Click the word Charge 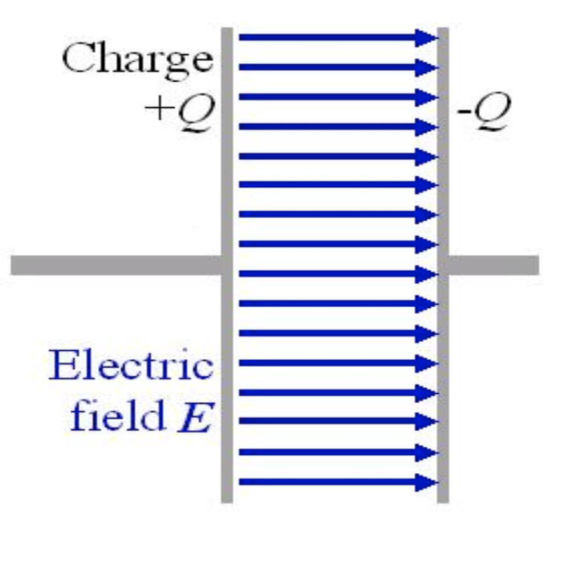[x=137, y=59]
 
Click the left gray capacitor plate [x=226, y=189]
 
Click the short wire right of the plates [x=494, y=265]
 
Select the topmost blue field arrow [x=332, y=36]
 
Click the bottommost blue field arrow [x=332, y=481]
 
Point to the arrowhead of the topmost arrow [x=428, y=36]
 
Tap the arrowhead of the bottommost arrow [x=428, y=481]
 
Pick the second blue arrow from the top [x=332, y=66]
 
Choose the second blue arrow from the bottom [x=332, y=452]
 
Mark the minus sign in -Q [x=462, y=115]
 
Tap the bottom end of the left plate [x=226, y=498]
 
